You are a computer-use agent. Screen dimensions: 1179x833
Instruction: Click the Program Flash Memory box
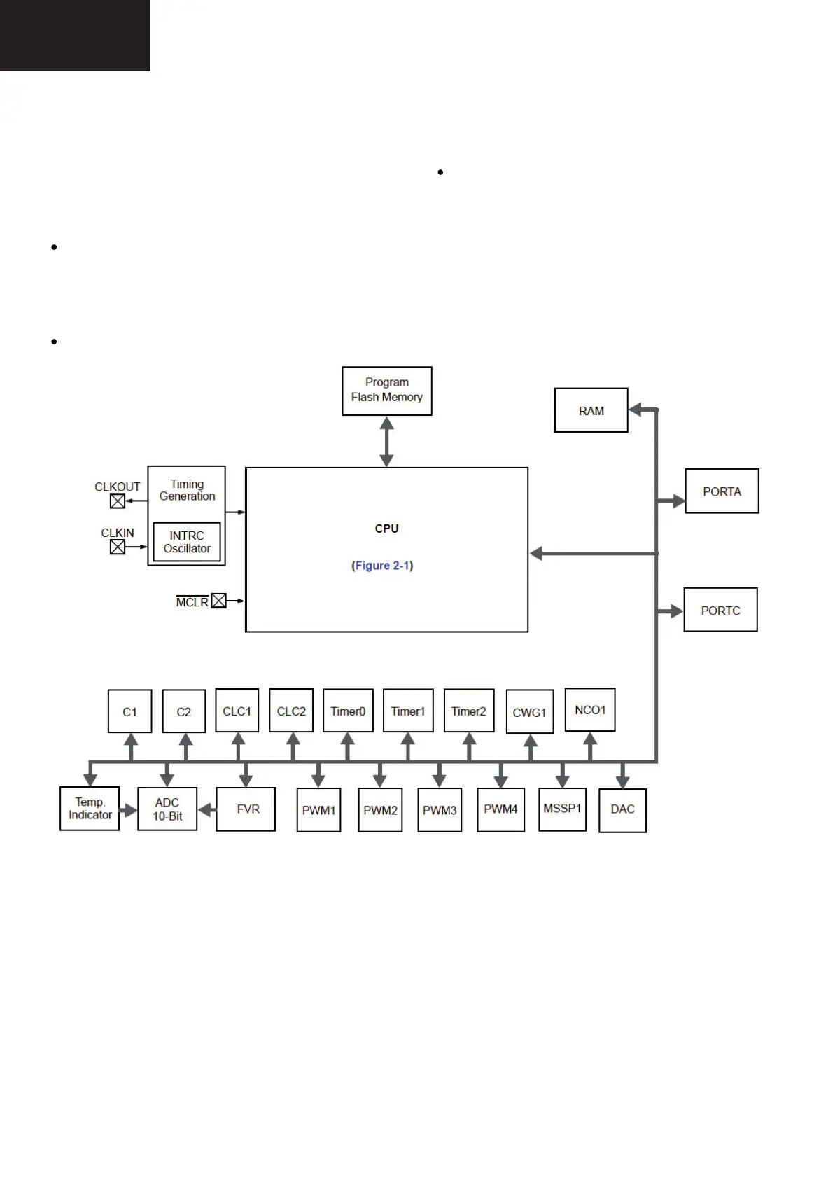(x=386, y=391)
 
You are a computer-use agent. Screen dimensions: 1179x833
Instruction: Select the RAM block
(x=591, y=410)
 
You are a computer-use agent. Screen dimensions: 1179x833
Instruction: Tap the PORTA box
(x=722, y=491)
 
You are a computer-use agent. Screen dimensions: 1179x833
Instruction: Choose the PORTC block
(x=720, y=610)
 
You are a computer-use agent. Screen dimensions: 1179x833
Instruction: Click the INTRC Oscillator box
(x=187, y=542)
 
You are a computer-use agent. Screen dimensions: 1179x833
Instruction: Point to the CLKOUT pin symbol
(x=118, y=501)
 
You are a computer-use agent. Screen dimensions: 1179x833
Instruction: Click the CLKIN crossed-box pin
(x=118, y=547)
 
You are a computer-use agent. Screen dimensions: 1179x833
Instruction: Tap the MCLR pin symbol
(x=219, y=601)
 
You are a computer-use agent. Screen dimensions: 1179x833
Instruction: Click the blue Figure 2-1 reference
(x=382, y=566)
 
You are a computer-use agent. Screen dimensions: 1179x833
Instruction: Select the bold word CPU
(x=386, y=529)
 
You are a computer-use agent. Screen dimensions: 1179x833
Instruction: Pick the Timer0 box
(x=348, y=711)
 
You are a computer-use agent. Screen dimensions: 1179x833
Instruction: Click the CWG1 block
(x=529, y=712)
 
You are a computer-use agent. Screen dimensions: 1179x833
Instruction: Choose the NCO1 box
(x=590, y=710)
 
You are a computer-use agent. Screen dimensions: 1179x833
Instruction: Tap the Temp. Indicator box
(x=90, y=809)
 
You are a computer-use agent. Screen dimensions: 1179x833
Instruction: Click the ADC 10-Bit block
(x=167, y=809)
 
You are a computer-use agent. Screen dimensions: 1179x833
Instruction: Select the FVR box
(x=246, y=809)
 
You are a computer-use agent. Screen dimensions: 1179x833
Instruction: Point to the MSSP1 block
(x=562, y=809)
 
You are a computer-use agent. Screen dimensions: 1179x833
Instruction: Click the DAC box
(x=622, y=809)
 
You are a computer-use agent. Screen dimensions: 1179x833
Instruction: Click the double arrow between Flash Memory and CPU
(x=386, y=441)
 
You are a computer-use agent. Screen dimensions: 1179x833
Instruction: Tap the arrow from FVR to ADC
(x=206, y=810)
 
